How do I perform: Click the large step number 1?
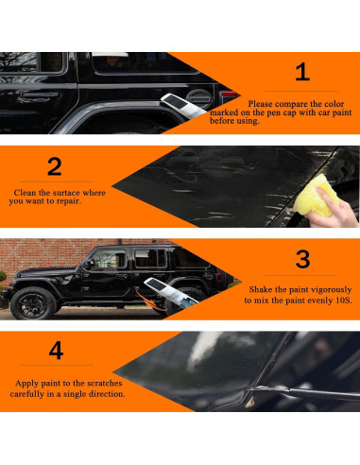(x=302, y=72)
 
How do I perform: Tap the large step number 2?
(x=54, y=166)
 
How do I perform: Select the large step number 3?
(x=302, y=259)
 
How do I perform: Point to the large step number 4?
(x=56, y=351)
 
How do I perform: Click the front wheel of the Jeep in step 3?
(x=33, y=303)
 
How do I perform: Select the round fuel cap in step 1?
(x=198, y=97)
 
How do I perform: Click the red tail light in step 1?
(x=230, y=94)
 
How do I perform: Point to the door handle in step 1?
(x=41, y=95)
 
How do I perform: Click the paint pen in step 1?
(x=182, y=106)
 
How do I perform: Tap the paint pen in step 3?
(x=171, y=291)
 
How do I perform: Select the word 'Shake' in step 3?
(x=261, y=289)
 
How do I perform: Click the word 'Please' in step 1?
(x=260, y=104)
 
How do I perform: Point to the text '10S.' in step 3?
(x=343, y=301)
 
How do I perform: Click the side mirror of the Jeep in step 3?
(x=90, y=264)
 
